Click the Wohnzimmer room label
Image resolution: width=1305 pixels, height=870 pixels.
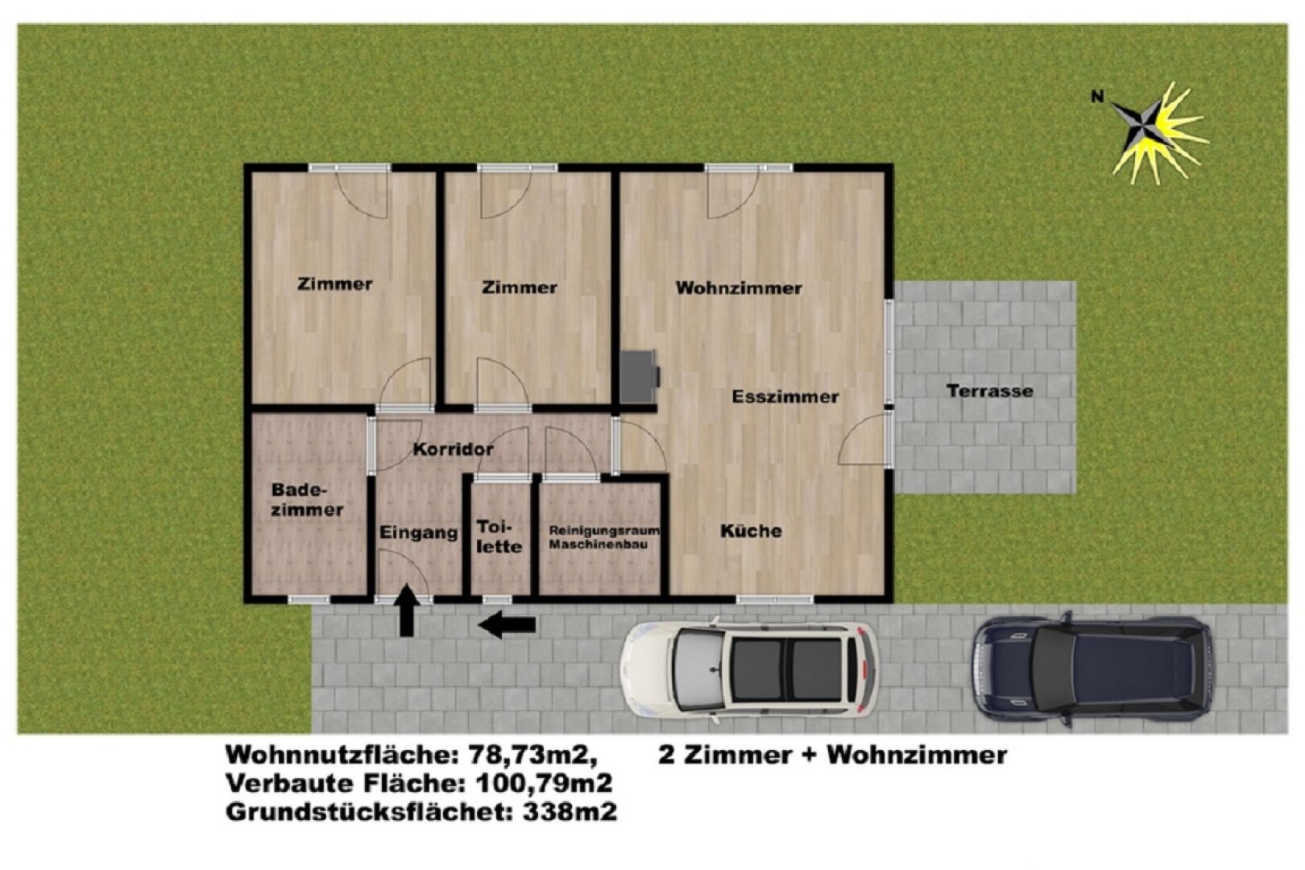(739, 288)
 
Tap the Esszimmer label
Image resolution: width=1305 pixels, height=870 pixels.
(785, 397)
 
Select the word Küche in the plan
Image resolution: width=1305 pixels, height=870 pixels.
(751, 532)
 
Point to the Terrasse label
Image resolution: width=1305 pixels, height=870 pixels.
(989, 391)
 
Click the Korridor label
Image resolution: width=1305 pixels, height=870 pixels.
(453, 449)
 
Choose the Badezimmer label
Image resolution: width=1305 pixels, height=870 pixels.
(307, 500)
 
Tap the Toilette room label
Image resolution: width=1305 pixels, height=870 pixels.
(499, 536)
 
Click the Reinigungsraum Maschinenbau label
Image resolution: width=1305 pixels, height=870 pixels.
(603, 538)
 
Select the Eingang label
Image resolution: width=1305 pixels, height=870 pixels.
(418, 533)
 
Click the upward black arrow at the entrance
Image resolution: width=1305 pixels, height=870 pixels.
(408, 612)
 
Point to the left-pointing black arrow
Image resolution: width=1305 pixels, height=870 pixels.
(507, 624)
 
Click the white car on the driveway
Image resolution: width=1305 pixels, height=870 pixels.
(749, 670)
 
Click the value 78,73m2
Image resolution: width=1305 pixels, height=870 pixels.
(532, 756)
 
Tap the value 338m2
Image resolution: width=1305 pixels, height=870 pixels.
(570, 811)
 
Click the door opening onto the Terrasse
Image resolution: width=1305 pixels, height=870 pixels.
(866, 439)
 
